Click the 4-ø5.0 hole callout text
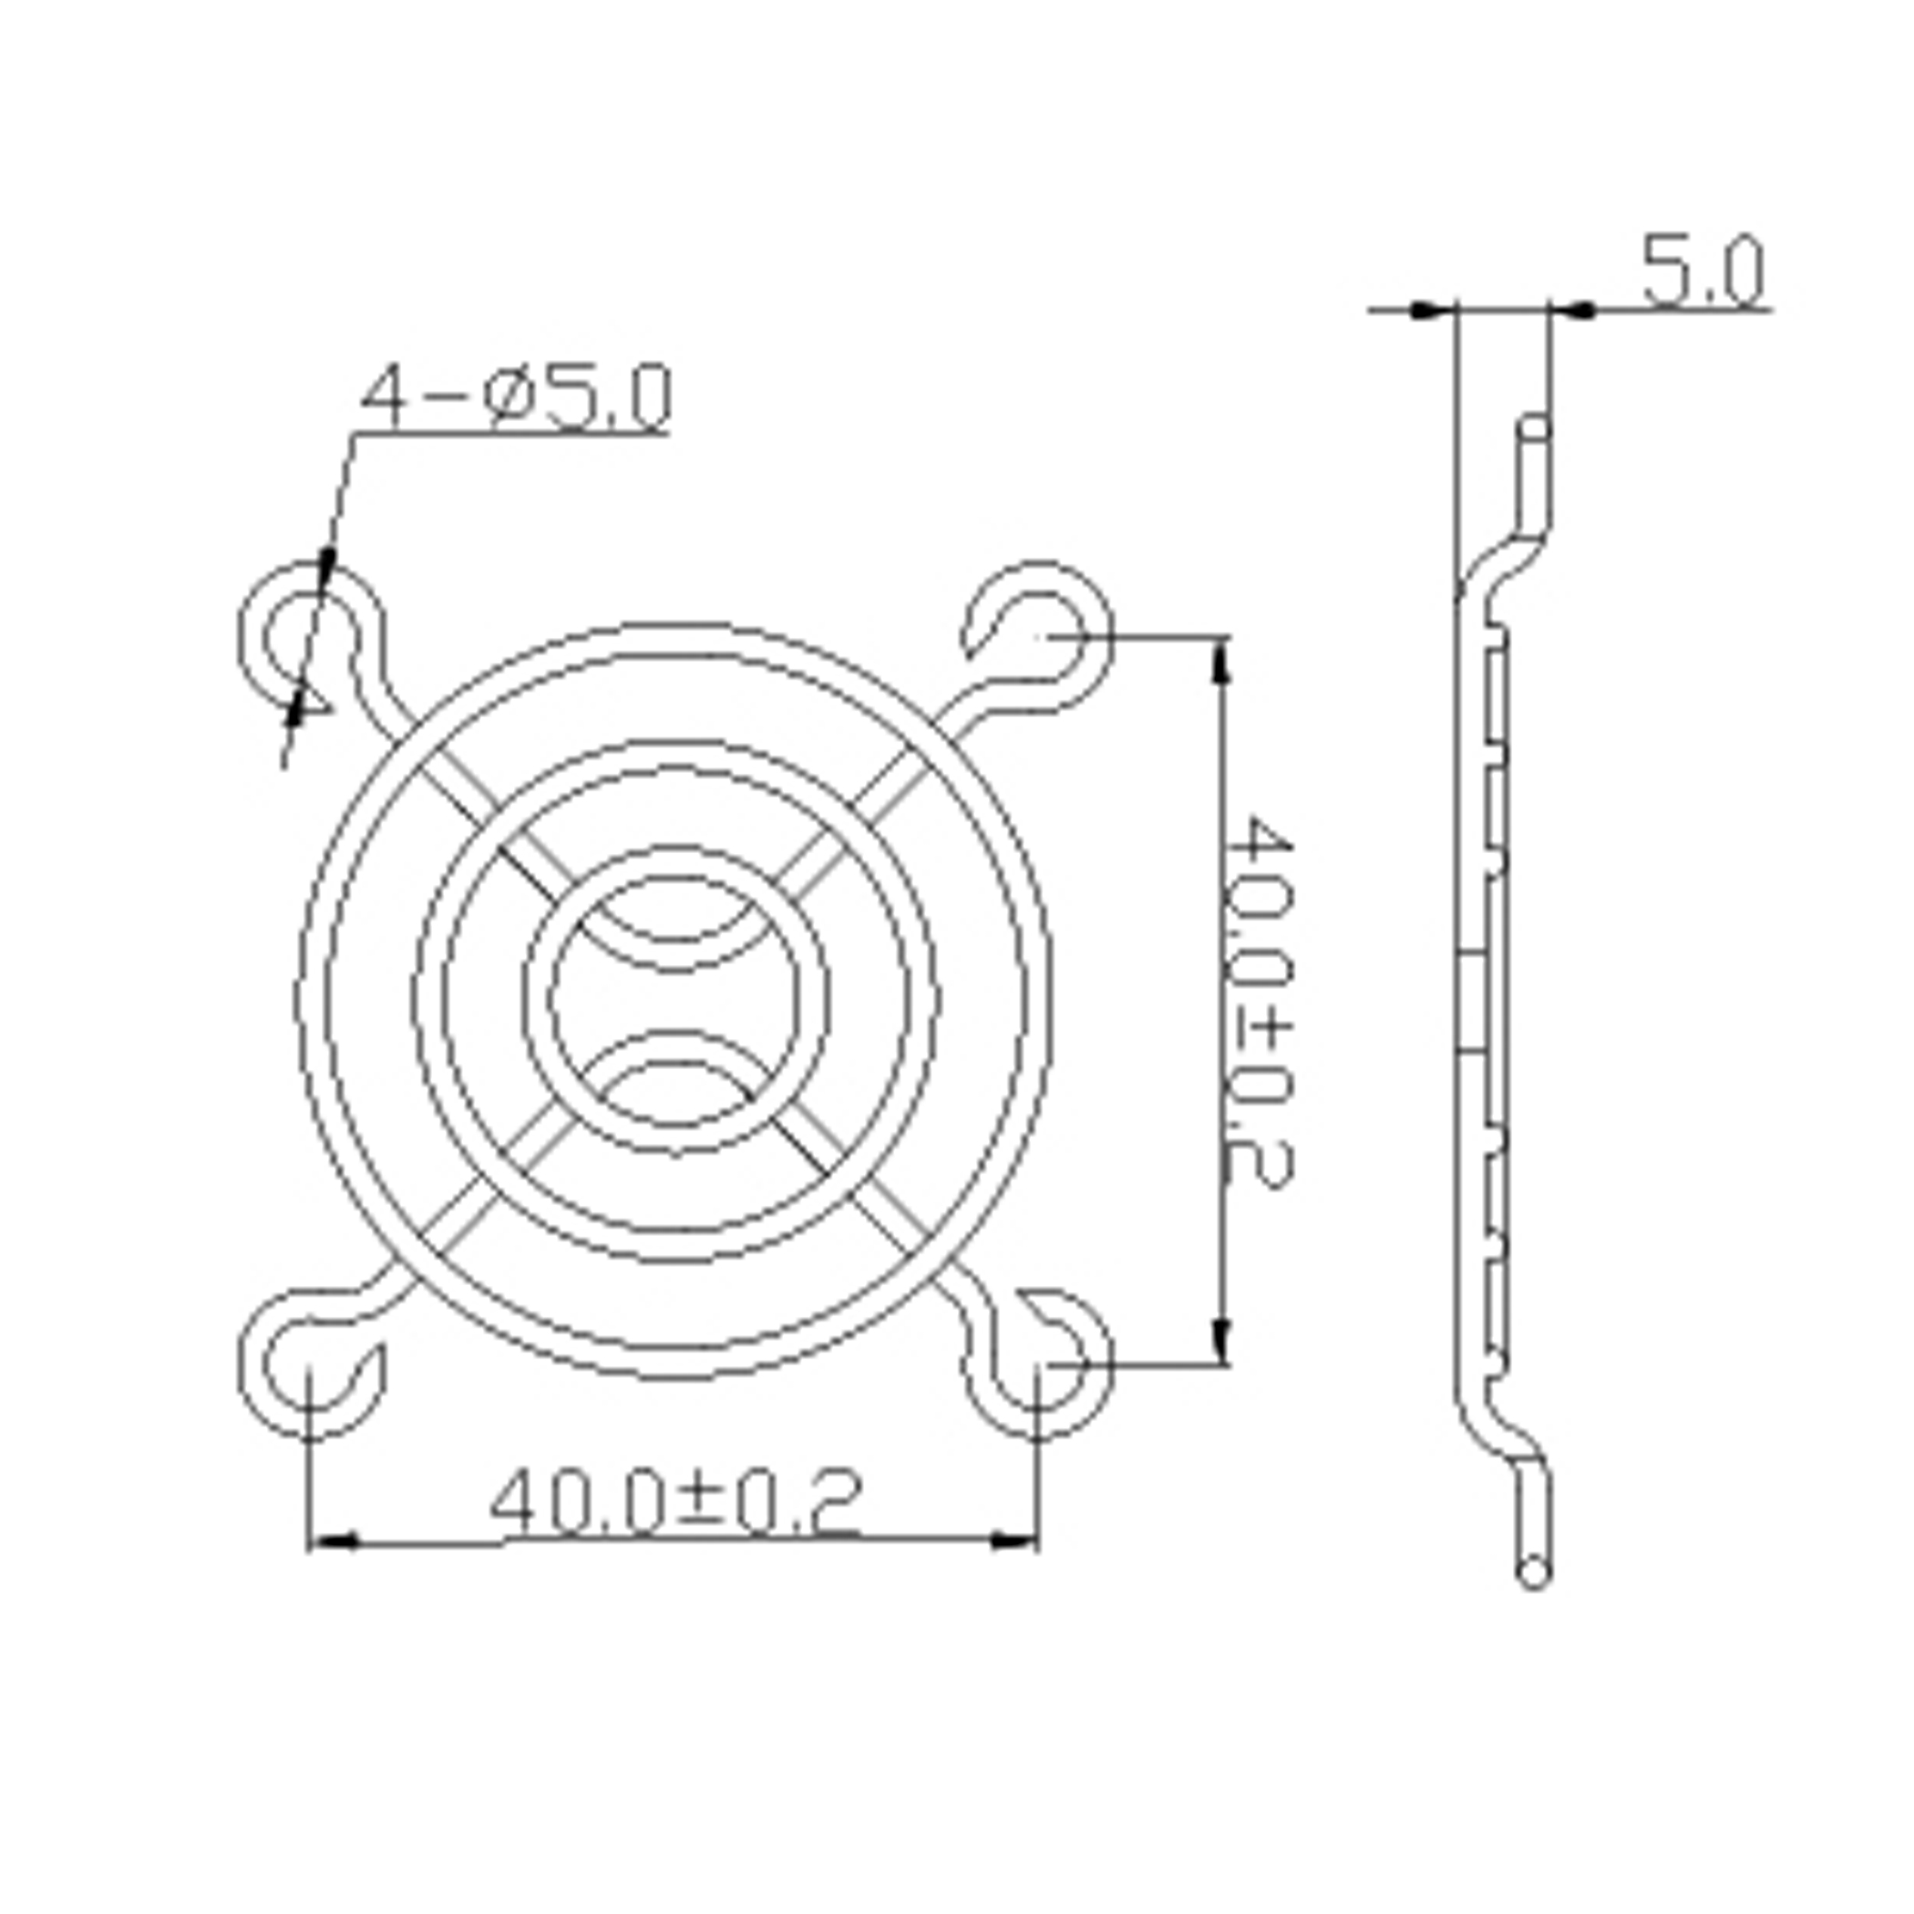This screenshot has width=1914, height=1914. [x=516, y=397]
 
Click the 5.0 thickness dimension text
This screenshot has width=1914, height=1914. [x=1703, y=270]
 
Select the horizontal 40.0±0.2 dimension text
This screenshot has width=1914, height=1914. [x=674, y=1502]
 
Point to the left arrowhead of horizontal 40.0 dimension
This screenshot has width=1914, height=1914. [x=331, y=1541]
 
